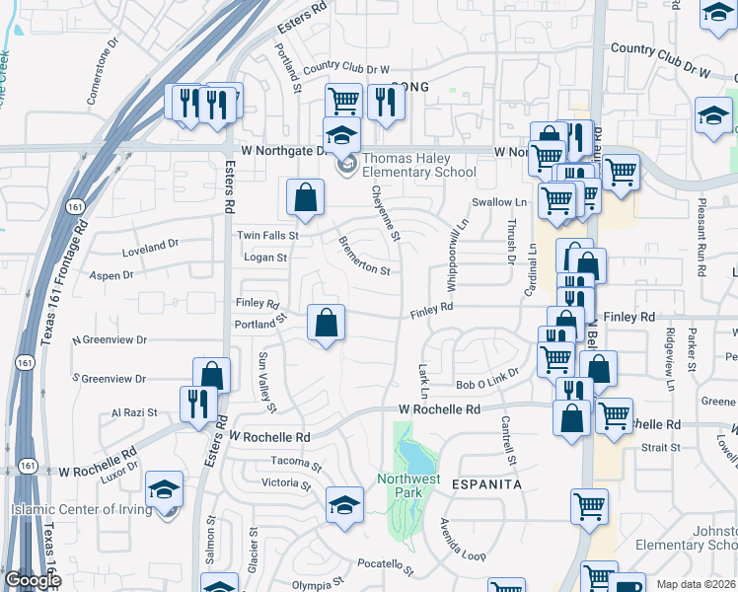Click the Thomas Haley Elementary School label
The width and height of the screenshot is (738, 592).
coord(419,165)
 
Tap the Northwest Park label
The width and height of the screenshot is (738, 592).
coord(406,484)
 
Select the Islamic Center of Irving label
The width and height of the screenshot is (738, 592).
coord(82,509)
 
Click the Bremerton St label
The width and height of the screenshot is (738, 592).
coord(364,255)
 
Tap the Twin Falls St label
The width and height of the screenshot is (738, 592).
coord(267,236)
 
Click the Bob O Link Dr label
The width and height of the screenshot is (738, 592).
coord(486,384)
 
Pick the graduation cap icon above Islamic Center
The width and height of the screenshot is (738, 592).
coord(164,488)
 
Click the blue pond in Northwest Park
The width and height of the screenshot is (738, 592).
coord(415,457)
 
